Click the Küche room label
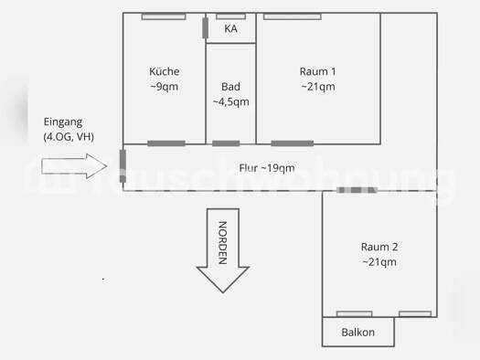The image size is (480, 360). tap(165, 72)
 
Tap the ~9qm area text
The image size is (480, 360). tap(165, 88)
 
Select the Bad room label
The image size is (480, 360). tap(230, 87)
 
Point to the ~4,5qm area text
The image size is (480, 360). tap(230, 102)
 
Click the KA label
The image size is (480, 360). tap(231, 29)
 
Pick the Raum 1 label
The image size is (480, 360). tap(318, 72)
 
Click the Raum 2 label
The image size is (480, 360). tap(379, 247)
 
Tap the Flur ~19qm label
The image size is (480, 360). tap(267, 168)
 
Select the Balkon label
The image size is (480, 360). tap(358, 333)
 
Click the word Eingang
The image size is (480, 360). tap(63, 122)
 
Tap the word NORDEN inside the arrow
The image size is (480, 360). tap(222, 244)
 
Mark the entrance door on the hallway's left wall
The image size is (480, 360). tap(122, 160)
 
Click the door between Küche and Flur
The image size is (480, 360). tap(166, 143)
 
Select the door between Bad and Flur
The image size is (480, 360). tap(226, 143)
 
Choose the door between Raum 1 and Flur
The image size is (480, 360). tap(292, 143)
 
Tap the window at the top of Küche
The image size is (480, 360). tap(164, 16)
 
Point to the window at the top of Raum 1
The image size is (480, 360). tap(292, 16)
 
